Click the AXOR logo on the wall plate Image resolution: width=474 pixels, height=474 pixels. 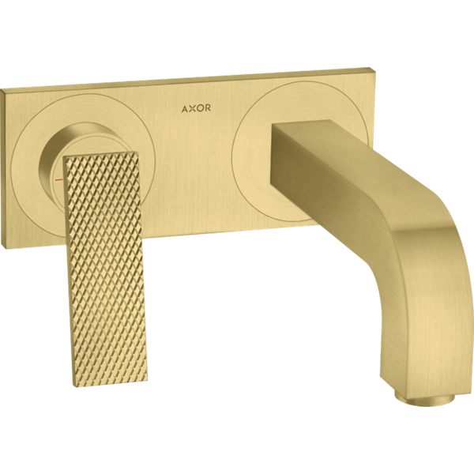[x=196, y=108]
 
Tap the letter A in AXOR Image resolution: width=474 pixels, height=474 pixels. [x=184, y=109]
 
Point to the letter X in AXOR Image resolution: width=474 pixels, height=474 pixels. [x=192, y=108]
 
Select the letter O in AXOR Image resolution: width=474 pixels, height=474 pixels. [x=200, y=108]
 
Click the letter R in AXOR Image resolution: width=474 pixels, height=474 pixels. [x=208, y=108]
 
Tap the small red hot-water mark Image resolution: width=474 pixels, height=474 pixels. [x=58, y=179]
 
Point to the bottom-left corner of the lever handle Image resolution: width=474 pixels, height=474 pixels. [x=73, y=388]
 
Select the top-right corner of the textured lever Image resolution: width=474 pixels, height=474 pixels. [x=139, y=152]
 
